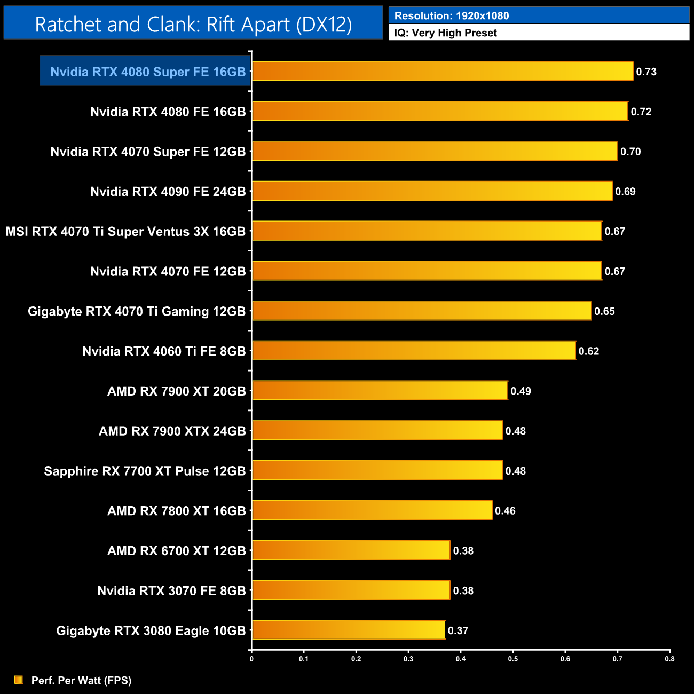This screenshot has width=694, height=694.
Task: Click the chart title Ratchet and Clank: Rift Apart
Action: pos(193,25)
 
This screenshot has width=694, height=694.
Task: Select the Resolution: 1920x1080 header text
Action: pos(452,16)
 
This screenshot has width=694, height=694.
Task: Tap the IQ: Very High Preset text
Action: pos(446,33)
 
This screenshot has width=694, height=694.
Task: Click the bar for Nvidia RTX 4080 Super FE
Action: pos(442,72)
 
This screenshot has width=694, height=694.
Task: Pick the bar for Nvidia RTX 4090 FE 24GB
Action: pos(432,191)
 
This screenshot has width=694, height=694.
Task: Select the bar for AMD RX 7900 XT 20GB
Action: pos(380,391)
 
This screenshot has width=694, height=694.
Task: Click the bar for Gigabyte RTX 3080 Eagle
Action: pos(348,630)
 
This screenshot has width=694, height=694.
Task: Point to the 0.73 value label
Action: pos(646,72)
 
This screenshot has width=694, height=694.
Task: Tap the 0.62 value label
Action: pos(588,351)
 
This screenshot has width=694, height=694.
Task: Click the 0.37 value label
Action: pos(458,631)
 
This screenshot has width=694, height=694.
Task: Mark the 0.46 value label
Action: pos(505,511)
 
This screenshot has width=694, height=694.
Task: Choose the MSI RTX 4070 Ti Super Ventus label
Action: pos(125,232)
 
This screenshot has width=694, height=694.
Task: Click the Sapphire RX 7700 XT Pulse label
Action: pos(145,471)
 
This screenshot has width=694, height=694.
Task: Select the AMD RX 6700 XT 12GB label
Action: pos(176,551)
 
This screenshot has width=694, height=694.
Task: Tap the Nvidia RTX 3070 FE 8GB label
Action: pos(171,591)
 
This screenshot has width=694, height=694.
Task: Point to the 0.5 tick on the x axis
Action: pos(513,659)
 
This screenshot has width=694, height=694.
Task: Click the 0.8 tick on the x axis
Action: pos(669,659)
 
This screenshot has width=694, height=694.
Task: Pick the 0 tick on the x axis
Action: pos(251,659)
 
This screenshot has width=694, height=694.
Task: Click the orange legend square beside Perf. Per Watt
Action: pos(19,680)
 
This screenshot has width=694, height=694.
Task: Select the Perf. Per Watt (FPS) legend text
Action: pos(81,681)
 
